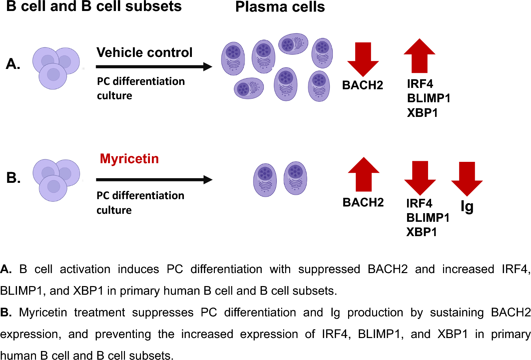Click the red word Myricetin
pos(129,159)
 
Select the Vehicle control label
pos(144,53)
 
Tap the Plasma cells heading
pos(280,7)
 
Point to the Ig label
pos(467,207)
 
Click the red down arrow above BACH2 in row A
pos(363,59)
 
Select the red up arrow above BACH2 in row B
pos(363,175)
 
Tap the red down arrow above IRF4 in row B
pos(420,178)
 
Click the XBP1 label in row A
pos(422,113)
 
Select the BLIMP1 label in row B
pos(428,218)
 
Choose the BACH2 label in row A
pos(362,85)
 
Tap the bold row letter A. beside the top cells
pos(13,64)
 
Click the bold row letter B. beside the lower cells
pos(13,178)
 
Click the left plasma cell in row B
pos(265,180)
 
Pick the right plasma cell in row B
pos(295,178)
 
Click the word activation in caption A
pos(85,269)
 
